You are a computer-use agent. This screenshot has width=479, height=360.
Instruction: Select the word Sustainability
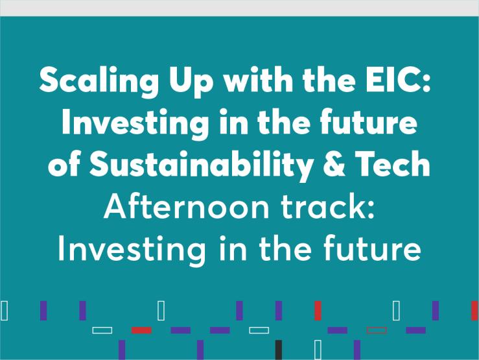[x=201, y=165]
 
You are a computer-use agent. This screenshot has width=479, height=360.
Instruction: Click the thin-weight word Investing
[x=132, y=249]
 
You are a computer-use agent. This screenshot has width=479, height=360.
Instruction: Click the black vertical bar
[x=279, y=350]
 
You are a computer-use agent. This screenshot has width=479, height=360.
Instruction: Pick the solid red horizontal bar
[x=141, y=330]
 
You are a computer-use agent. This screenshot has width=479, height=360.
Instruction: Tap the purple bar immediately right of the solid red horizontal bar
[x=181, y=330]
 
